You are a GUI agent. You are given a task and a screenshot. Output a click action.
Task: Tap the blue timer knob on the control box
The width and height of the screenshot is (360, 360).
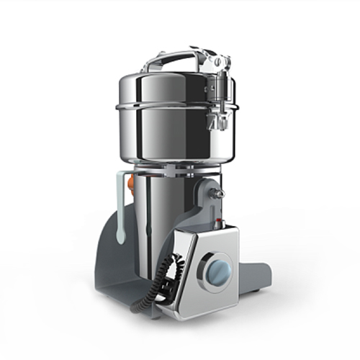(x=219, y=271)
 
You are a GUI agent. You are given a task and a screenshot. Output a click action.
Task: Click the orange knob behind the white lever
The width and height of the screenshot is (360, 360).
(x=130, y=184)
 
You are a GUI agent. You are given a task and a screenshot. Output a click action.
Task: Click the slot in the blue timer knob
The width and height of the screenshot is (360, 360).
(x=219, y=271)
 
